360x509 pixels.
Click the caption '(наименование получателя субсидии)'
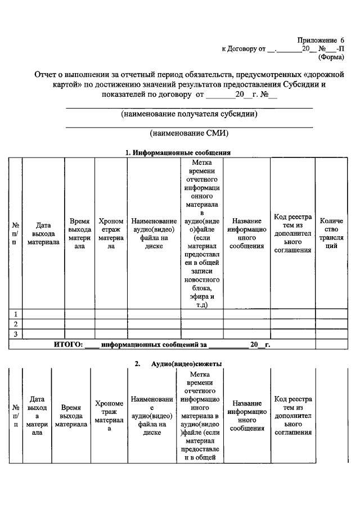pyautogui.click(x=190, y=114)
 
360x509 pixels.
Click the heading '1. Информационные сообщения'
pyautogui.click(x=178, y=152)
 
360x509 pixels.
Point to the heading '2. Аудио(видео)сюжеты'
pyautogui.click(x=178, y=364)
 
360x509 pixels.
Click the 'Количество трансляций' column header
pyautogui.click(x=331, y=233)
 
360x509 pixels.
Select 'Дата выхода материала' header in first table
pyautogui.click(x=43, y=233)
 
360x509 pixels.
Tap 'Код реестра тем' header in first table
pyautogui.click(x=292, y=233)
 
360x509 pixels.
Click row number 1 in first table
pyautogui.click(x=16, y=313)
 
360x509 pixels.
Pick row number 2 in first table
pyautogui.click(x=16, y=324)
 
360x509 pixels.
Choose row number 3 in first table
pyautogui.click(x=16, y=335)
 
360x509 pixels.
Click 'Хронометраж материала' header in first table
pyautogui.click(x=111, y=233)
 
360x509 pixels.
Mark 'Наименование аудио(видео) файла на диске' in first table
pyautogui.click(x=152, y=233)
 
